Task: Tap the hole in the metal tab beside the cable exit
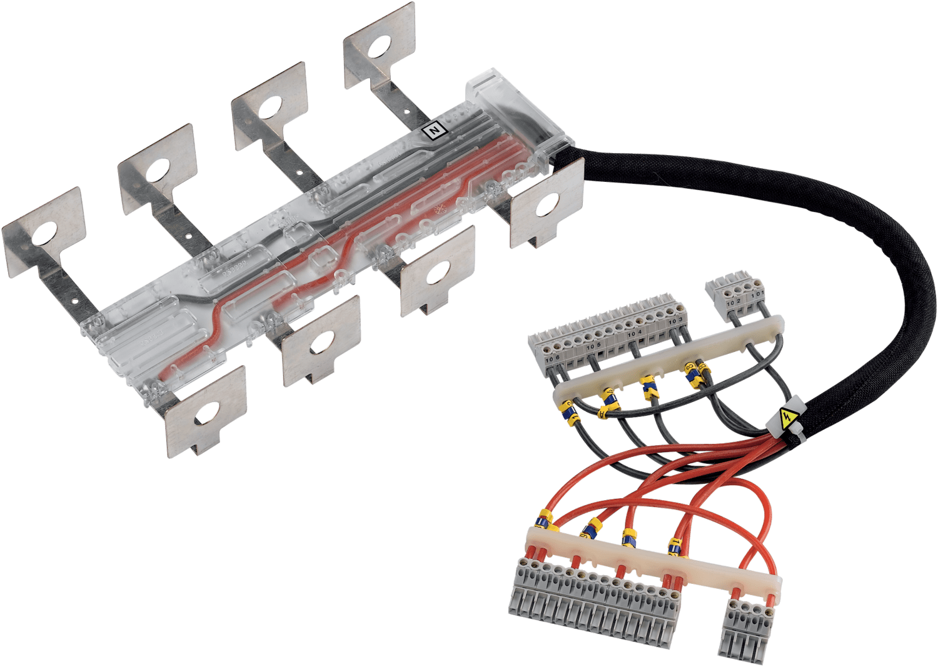[548, 207]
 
